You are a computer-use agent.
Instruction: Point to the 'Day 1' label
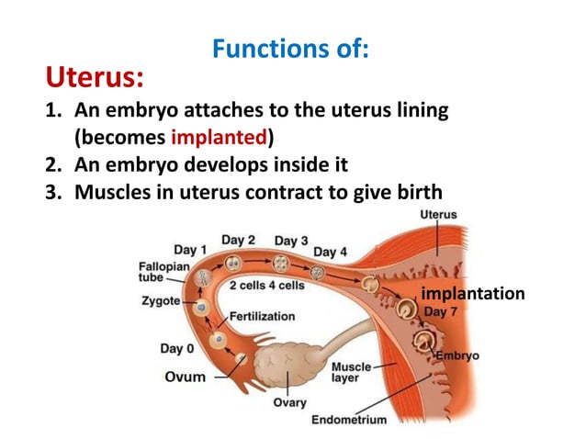(190, 249)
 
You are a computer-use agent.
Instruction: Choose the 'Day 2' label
(237, 241)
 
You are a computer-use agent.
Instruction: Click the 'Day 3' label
(291, 241)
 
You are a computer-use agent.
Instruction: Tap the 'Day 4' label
(331, 251)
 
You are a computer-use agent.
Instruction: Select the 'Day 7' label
(439, 311)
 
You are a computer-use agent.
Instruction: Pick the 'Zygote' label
(161, 300)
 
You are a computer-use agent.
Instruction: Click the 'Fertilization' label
(263, 316)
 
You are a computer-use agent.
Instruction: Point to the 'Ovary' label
(291, 402)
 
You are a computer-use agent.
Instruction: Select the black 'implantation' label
(472, 294)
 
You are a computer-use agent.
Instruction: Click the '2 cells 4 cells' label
(266, 285)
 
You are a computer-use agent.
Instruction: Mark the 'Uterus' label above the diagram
(438, 214)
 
